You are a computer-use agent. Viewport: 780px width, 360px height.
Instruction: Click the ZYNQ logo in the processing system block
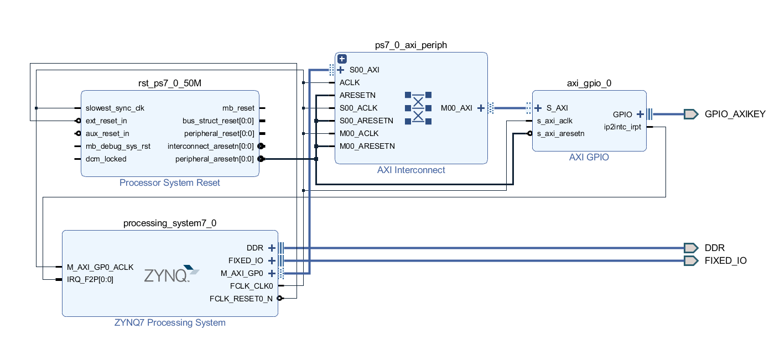pos(171,274)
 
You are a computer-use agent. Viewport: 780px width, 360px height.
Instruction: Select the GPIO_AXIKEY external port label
pos(735,114)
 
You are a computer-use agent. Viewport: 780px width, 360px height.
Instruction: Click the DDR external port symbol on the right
pos(690,248)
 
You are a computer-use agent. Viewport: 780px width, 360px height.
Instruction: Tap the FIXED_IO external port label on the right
pos(725,260)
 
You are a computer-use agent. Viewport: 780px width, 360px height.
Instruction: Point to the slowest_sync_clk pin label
pos(115,108)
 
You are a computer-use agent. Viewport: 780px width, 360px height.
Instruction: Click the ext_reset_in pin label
pos(106,121)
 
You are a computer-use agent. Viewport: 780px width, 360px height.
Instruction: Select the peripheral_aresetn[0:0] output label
pos(215,159)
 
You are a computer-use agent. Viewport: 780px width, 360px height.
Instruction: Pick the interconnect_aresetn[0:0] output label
pos(211,146)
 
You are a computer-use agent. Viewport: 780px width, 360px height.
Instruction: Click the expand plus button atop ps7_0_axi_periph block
pos(342,59)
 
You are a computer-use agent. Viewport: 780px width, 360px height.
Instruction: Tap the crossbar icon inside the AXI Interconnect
pos(418,108)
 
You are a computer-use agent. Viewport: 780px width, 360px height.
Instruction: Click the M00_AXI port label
pos(456,108)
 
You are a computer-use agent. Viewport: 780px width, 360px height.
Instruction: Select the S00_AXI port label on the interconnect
pos(364,70)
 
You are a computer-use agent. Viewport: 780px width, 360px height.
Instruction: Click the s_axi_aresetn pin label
pos(560,133)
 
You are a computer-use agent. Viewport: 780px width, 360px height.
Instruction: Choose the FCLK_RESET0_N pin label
pos(241,299)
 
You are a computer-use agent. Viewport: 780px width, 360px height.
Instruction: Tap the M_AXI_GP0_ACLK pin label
pos(100,267)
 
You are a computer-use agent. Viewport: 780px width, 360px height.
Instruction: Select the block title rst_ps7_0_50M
pos(170,84)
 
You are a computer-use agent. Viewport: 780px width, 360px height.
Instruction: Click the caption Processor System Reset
pos(170,183)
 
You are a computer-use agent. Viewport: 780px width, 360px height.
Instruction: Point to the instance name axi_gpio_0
pos(589,84)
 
